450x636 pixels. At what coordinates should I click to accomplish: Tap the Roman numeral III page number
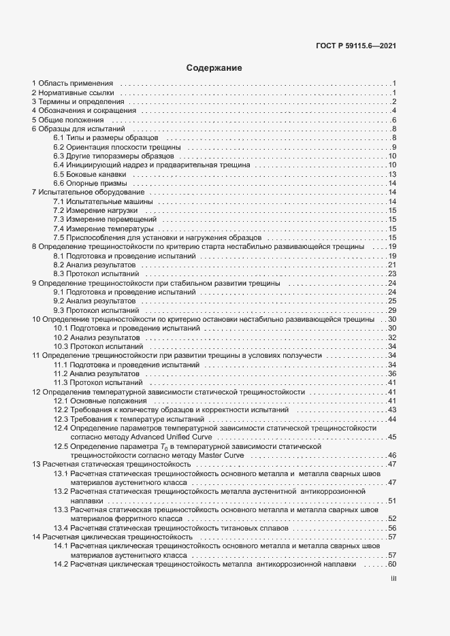393,579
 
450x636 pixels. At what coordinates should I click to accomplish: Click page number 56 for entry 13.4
392,528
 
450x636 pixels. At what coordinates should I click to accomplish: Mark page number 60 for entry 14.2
392,565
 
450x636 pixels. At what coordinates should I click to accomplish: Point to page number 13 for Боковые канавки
392,175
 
